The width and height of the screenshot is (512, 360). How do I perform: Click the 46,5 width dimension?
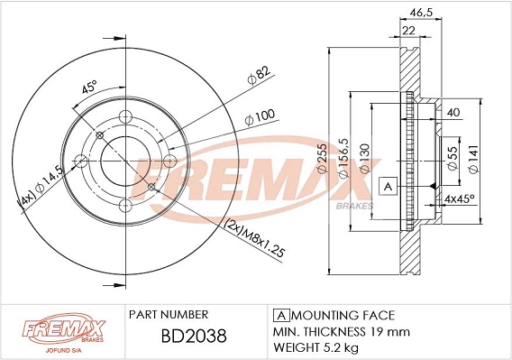[x=421, y=13]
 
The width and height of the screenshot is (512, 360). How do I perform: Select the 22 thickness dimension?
[x=408, y=31]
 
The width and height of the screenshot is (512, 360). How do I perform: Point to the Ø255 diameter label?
[x=322, y=158]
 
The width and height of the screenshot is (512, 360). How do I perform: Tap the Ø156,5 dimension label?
[x=343, y=158]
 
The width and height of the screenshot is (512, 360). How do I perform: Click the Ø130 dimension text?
[x=364, y=158]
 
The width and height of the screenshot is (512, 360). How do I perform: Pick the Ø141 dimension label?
[x=473, y=159]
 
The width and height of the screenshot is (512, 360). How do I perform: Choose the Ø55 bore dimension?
[x=453, y=158]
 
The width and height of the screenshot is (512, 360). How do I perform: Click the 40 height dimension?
[x=453, y=113]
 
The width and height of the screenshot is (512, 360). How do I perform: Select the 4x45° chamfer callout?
[x=460, y=198]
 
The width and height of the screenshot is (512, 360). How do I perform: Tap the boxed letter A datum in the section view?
[x=388, y=187]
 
